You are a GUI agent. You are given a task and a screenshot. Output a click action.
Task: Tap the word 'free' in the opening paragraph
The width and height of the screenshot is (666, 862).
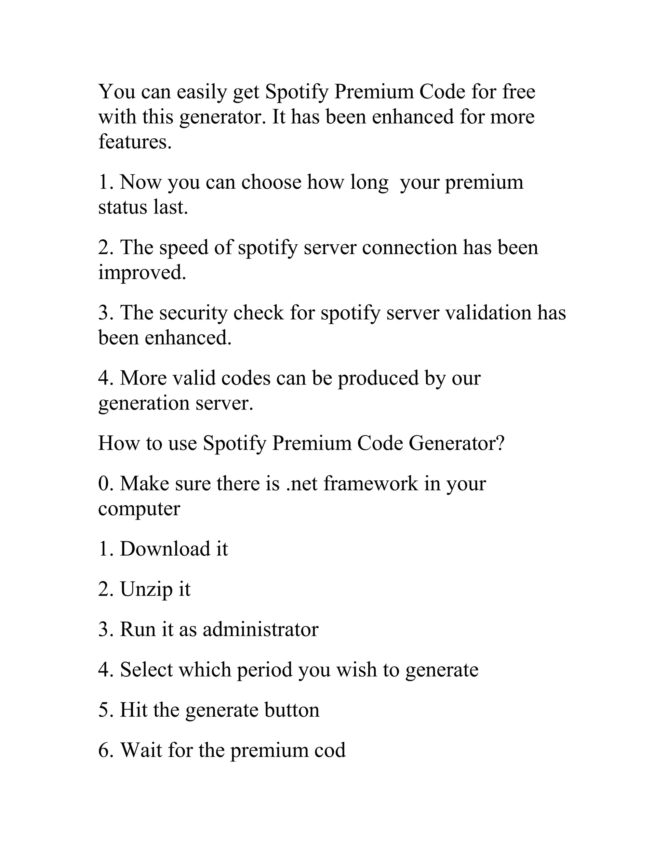tap(518, 92)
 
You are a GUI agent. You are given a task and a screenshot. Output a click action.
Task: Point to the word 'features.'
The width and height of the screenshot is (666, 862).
tap(135, 142)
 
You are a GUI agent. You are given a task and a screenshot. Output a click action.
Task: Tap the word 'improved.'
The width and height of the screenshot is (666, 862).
tap(142, 273)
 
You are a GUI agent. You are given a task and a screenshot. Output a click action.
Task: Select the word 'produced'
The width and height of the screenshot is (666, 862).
tap(378, 378)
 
